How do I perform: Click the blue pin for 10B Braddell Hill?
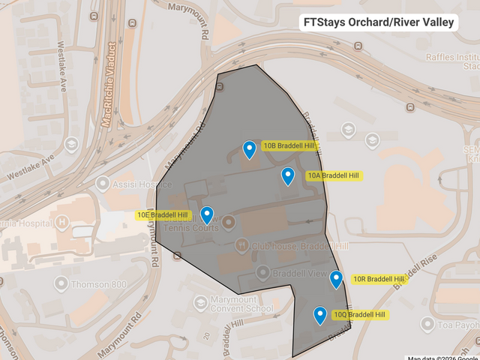[x=250, y=149]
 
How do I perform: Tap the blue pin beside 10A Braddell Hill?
[x=287, y=175]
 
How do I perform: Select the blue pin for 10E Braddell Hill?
[x=207, y=214]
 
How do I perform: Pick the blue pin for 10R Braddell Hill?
[x=336, y=279]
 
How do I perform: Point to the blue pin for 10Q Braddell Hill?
[x=320, y=315]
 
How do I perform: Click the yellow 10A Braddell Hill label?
[x=333, y=175]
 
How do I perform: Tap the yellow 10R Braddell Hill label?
[x=378, y=279]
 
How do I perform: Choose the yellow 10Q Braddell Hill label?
[x=359, y=314]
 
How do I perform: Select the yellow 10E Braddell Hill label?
[x=163, y=215]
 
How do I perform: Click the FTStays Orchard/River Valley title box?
[x=378, y=22]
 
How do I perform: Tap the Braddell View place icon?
[x=262, y=273]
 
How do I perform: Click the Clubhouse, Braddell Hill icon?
[x=241, y=245]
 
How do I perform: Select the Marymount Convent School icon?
[x=199, y=302]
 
